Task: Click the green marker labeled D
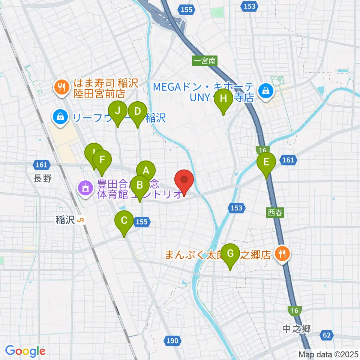point(137,112)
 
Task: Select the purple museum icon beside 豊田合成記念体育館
point(85,187)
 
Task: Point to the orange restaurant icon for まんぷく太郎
point(282,254)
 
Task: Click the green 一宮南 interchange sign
point(205,60)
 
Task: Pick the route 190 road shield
point(172,340)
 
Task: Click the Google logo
point(25,351)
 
